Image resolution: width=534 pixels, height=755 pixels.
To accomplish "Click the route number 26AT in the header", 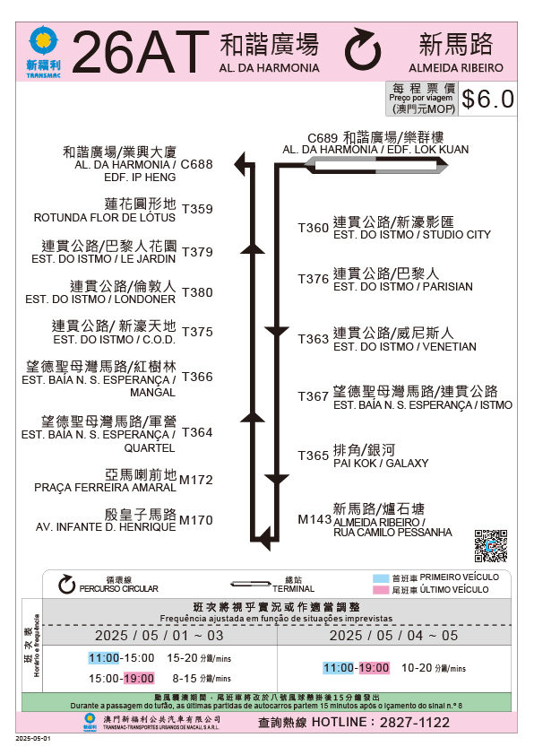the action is tap(141, 52).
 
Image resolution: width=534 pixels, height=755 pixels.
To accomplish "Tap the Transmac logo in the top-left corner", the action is tap(43, 51).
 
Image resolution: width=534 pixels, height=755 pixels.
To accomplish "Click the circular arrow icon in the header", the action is tap(363, 49).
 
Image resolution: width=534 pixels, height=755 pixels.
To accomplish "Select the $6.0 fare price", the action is tap(487, 100).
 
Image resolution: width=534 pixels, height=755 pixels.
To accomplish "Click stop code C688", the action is tap(197, 164).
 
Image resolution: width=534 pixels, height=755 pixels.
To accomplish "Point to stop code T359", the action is tap(197, 209).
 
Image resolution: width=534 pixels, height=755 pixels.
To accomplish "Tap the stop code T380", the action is tap(197, 292).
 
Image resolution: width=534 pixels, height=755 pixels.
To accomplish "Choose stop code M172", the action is tap(196, 480).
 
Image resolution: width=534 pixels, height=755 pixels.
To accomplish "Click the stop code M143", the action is tap(314, 519).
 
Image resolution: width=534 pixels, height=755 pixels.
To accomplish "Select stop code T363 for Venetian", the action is tap(314, 339).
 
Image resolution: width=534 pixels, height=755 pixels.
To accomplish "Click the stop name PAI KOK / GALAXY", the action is tap(381, 464).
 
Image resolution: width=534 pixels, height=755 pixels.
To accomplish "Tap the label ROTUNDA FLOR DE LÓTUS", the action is tap(105, 218).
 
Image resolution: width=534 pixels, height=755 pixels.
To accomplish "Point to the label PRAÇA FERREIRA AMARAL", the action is tap(106, 487).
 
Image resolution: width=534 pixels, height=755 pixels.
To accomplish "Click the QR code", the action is tap(491, 546).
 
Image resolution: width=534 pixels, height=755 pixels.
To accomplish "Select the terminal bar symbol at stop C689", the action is tap(375, 166).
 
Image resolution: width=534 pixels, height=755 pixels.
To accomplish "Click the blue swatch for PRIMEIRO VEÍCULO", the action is tap(381, 578).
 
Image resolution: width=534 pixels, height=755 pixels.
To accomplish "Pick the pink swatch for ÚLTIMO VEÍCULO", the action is tap(381, 590).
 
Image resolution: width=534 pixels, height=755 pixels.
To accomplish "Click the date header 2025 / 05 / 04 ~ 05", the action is tap(393, 636).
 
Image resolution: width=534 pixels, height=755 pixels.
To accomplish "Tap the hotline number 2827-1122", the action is tap(415, 722).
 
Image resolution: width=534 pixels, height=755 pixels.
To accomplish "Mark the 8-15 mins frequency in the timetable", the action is tap(202, 679).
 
